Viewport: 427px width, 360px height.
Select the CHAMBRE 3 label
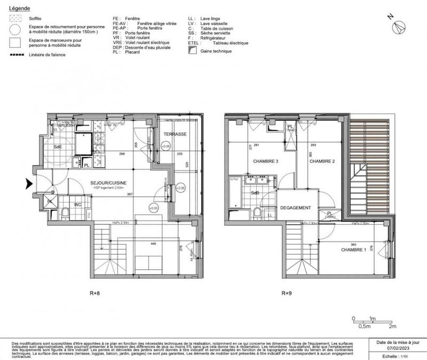258,161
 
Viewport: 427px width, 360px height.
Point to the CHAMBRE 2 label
322,161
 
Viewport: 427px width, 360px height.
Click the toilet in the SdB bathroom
257,213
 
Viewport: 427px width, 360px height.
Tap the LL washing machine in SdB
270,215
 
